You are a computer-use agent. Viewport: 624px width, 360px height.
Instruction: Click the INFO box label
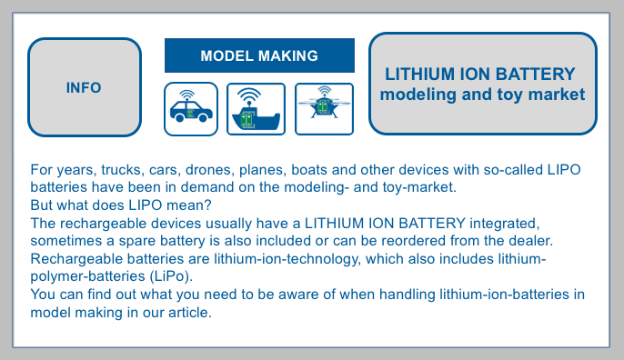coord(84,87)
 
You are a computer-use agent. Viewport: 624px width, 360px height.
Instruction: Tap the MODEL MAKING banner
coord(259,55)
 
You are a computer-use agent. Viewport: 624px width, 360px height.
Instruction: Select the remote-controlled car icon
coord(191,109)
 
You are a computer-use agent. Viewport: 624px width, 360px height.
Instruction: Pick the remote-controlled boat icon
coord(256,109)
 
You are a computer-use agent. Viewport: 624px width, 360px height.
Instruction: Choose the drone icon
coord(325,109)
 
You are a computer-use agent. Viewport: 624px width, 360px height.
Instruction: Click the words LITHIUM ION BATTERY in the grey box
coord(480,75)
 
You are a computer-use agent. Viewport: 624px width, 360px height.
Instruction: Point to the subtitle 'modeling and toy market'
coord(482,95)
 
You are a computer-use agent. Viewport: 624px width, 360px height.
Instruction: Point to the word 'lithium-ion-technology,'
coord(287,259)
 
